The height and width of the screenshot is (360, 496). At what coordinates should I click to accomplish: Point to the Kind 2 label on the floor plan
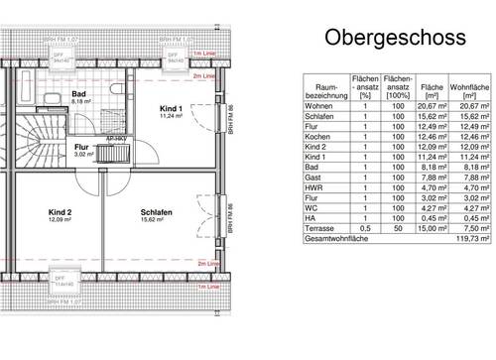coord(62,212)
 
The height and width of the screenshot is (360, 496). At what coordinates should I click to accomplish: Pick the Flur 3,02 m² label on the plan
coord(82,150)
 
